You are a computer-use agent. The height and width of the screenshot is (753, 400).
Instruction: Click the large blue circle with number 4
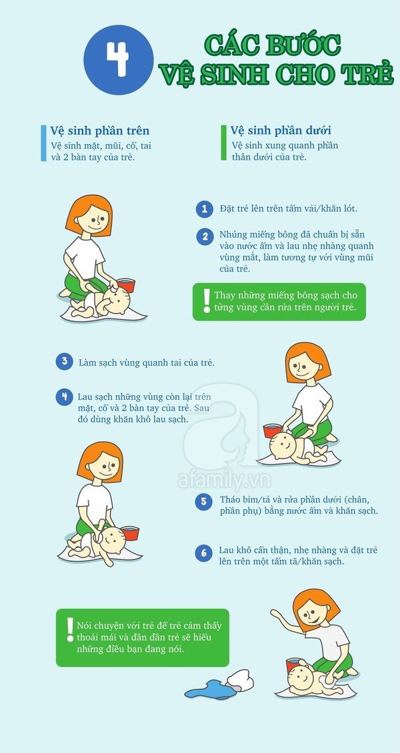tap(119, 59)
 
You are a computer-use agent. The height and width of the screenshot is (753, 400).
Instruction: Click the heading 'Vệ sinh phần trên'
tap(100, 131)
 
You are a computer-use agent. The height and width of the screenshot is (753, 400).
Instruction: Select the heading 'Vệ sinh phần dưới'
tap(281, 131)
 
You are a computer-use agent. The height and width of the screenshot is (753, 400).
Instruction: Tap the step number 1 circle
tap(204, 209)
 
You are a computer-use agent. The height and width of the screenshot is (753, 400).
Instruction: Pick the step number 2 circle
tap(205, 237)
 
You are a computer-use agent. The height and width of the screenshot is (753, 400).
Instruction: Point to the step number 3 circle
tap(64, 361)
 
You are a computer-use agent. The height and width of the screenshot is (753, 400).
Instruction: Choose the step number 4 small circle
tap(64, 397)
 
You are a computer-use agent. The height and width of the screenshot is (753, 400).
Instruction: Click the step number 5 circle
tap(204, 502)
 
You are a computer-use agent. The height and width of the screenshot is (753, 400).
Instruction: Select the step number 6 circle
tap(204, 553)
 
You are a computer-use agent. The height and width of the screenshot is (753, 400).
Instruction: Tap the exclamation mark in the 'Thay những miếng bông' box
tap(207, 301)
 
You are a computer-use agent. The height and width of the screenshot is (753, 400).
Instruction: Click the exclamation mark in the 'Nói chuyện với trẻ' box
tap(70, 630)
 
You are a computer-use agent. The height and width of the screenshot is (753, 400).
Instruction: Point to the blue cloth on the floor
tap(211, 690)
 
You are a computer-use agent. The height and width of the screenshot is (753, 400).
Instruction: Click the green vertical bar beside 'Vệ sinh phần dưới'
tap(223, 143)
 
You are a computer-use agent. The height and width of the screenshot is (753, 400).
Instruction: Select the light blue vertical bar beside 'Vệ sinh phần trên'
tap(43, 143)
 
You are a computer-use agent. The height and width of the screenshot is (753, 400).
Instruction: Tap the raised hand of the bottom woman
tap(275, 613)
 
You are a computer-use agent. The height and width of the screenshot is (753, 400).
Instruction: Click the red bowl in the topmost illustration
tap(125, 285)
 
